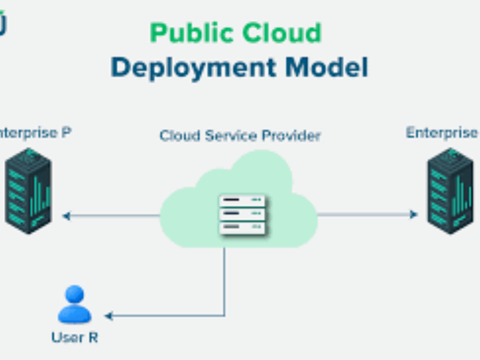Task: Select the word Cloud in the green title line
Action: pos(283,32)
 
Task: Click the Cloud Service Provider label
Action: pos(240,136)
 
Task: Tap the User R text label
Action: pos(74,338)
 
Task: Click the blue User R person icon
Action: pos(74,305)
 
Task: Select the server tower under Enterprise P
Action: pos(28,191)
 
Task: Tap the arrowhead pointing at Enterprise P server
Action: pos(65,215)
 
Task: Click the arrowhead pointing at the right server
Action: pos(414,214)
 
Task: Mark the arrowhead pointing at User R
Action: pos(109,315)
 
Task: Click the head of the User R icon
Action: pos(74,295)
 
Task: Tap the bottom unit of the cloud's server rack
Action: pos(242,227)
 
